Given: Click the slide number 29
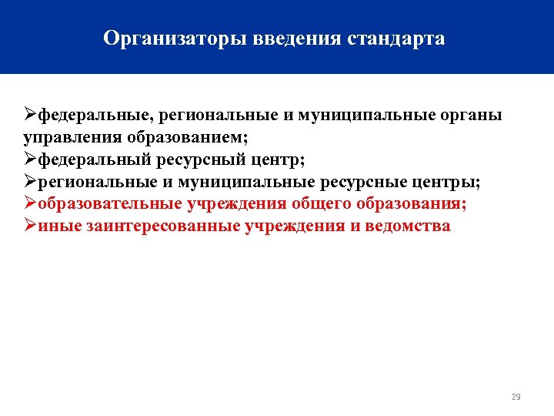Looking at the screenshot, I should click(516, 397).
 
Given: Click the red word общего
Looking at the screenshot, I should click(320, 205).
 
